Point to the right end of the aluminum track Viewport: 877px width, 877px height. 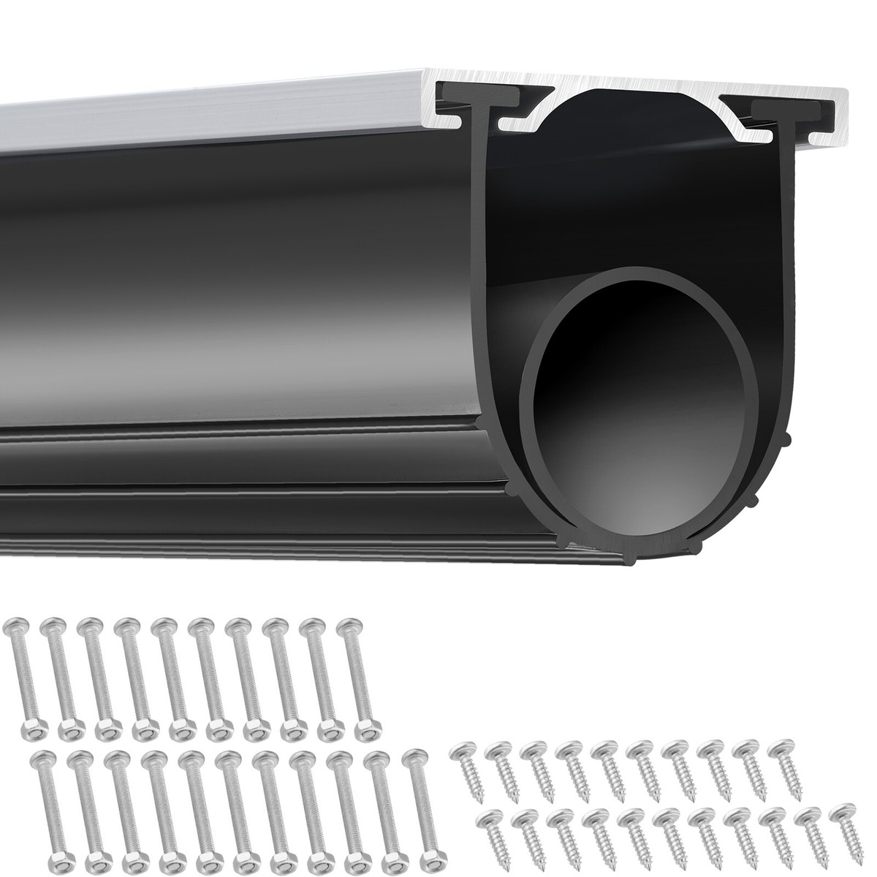click(840, 106)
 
